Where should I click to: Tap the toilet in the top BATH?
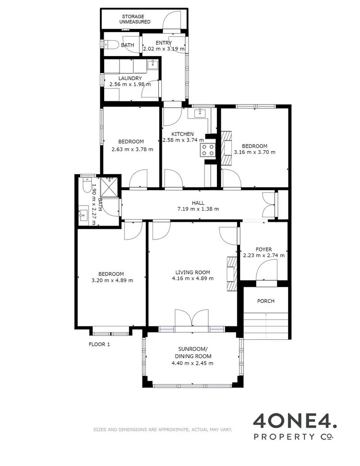[x=111, y=45]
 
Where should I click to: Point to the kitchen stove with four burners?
[x=208, y=150]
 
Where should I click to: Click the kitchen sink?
[x=200, y=113]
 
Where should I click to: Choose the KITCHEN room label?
[x=183, y=134]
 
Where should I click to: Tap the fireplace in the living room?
[x=231, y=273]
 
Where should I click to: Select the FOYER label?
[x=264, y=249]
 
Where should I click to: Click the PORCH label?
[x=266, y=301]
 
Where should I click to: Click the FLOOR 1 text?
[x=99, y=344]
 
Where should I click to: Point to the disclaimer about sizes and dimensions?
[x=162, y=430]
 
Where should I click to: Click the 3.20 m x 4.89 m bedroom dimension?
[x=112, y=280]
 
